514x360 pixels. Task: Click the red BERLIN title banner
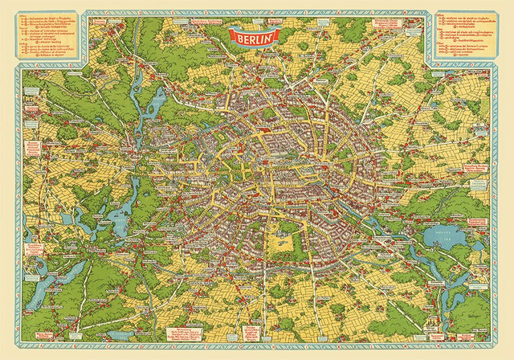point(254,35)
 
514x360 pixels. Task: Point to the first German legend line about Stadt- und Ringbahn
point(50,17)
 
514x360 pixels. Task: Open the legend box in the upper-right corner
point(465,36)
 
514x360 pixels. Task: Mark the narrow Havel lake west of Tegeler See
point(133,88)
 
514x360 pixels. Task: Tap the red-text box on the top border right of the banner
point(321,18)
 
